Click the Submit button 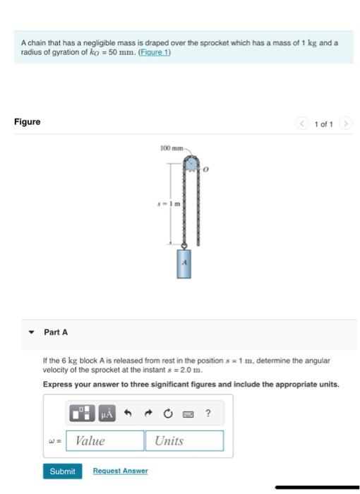point(62,471)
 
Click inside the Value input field point(105,441)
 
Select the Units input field point(184,441)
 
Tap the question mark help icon point(208,413)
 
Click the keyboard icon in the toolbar point(188,413)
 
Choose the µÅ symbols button point(107,413)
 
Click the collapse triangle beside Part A point(30,332)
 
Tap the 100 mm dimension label point(171,149)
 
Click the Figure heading point(27,121)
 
